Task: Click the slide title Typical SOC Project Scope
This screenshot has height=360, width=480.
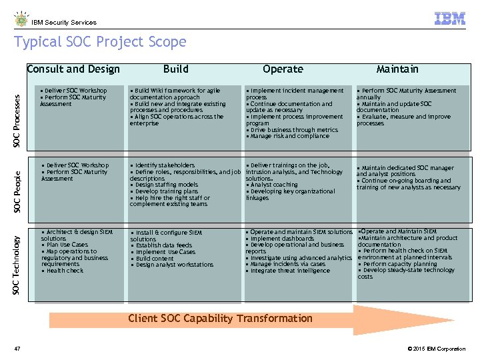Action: click(100, 42)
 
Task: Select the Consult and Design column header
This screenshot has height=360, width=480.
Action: click(73, 69)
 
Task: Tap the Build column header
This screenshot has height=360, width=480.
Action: click(176, 69)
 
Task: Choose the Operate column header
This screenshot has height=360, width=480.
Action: click(283, 69)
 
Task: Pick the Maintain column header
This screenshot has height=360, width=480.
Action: click(397, 69)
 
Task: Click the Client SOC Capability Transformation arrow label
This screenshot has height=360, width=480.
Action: click(220, 318)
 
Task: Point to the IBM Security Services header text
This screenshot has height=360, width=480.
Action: click(64, 22)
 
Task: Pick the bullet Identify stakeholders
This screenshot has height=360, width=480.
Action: click(164, 165)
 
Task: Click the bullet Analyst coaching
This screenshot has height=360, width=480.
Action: click(273, 185)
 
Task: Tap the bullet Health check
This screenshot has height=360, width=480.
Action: click(64, 271)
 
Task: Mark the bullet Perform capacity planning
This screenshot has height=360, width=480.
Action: click(399, 264)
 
